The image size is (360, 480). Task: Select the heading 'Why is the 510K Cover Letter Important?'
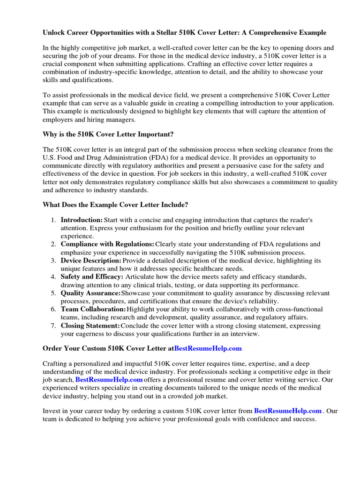click(108, 135)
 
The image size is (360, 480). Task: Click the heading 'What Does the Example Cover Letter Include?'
click(115, 205)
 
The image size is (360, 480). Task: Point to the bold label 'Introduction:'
click(82, 220)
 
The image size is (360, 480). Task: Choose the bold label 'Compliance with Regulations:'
click(107, 244)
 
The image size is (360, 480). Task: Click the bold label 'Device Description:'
click(91, 261)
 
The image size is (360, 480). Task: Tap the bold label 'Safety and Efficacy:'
click(92, 277)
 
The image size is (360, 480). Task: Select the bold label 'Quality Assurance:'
click(90, 293)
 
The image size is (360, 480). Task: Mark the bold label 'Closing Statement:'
click(90, 326)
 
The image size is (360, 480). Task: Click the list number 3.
click(54, 261)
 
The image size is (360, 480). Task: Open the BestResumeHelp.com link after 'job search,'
click(109, 379)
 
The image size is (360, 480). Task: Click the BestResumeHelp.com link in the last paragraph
click(288, 411)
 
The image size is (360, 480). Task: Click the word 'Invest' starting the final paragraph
click(52, 411)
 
